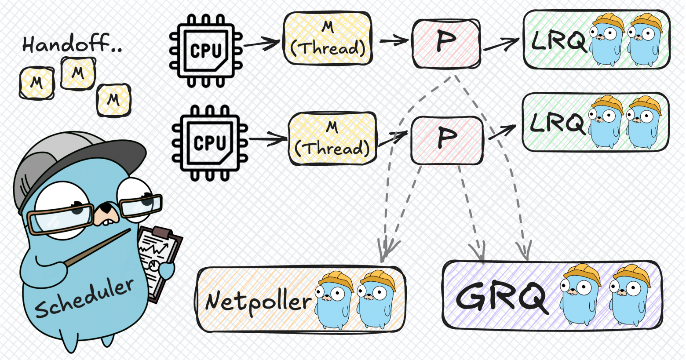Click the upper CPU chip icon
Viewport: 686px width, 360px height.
(206, 51)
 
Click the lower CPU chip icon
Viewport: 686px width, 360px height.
(209, 142)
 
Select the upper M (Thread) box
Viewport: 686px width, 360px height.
(328, 39)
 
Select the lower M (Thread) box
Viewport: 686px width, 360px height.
(332, 138)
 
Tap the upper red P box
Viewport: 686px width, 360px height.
(445, 43)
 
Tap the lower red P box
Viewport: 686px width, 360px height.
(446, 140)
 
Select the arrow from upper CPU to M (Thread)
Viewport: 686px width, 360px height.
(261, 43)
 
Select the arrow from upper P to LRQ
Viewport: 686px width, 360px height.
(501, 44)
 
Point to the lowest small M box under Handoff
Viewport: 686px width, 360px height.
(113, 100)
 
